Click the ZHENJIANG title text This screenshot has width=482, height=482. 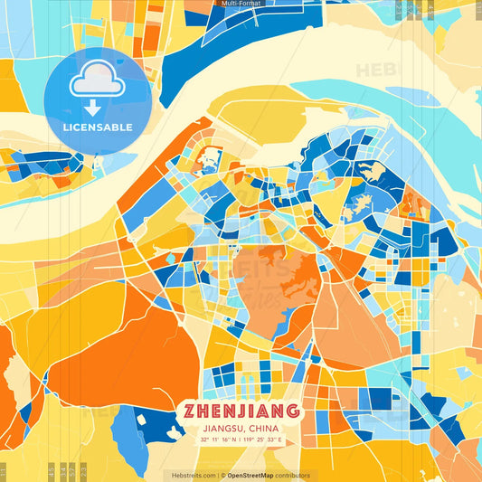241,411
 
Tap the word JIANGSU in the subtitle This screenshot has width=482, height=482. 224,428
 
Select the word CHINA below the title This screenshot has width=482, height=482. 263,428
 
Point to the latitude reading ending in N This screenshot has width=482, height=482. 220,439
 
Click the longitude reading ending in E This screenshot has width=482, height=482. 263,439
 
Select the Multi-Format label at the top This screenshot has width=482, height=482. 241,4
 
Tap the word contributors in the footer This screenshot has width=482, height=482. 294,475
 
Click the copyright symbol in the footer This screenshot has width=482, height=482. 222,475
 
